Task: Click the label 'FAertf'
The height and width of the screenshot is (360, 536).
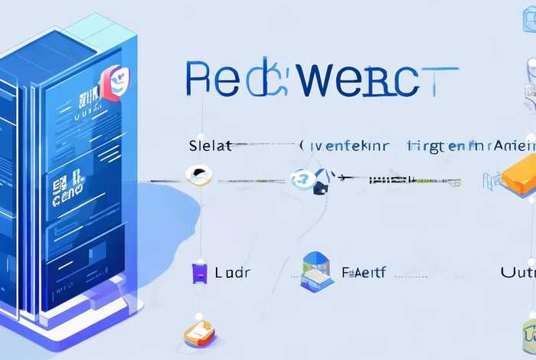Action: click(364, 271)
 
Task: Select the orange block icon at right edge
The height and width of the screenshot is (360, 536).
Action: click(521, 177)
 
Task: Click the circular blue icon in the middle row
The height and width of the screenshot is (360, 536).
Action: click(302, 178)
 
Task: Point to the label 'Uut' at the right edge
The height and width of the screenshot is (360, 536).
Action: click(518, 272)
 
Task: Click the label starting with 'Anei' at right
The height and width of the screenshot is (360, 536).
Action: click(515, 145)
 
